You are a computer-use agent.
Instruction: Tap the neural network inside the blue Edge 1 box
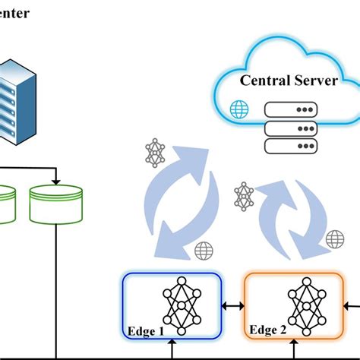pyautogui.click(x=180, y=305)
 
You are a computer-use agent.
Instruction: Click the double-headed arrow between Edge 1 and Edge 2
pyautogui.click(x=232, y=306)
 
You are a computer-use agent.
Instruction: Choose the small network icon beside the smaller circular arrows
pyautogui.click(x=243, y=195)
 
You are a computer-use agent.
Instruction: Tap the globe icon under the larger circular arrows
pyautogui.click(x=204, y=250)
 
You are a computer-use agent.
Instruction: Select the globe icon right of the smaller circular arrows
pyautogui.click(x=335, y=239)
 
